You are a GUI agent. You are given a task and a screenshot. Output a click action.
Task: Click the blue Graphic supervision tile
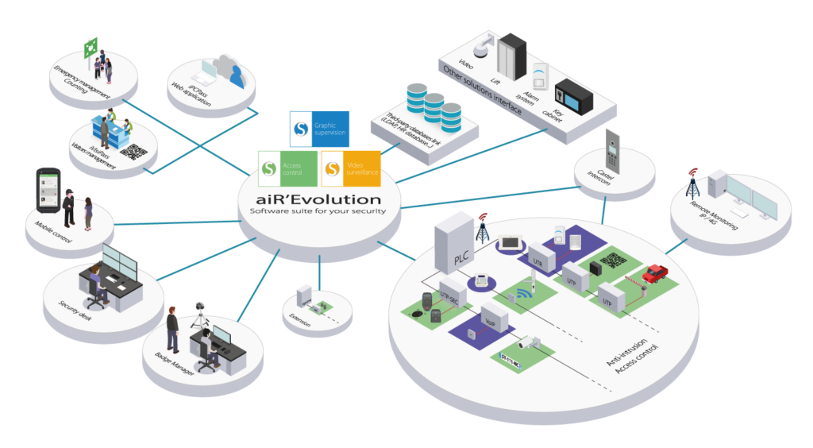[x=319, y=128]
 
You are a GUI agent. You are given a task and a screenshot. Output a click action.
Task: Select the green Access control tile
[x=287, y=168]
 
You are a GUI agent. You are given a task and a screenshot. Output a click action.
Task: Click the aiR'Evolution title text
[x=317, y=199]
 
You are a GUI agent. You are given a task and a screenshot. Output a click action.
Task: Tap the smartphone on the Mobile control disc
[x=46, y=189]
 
